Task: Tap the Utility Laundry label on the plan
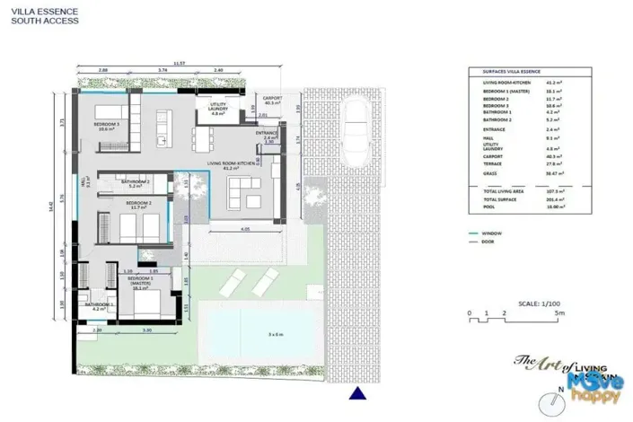[x=217, y=110]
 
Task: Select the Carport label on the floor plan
[x=271, y=100]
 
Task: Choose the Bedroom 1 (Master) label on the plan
[x=137, y=286]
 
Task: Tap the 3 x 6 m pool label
[x=275, y=334]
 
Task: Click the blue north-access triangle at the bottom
[x=358, y=392]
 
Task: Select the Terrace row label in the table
[x=492, y=163]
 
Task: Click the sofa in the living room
[x=240, y=189]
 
